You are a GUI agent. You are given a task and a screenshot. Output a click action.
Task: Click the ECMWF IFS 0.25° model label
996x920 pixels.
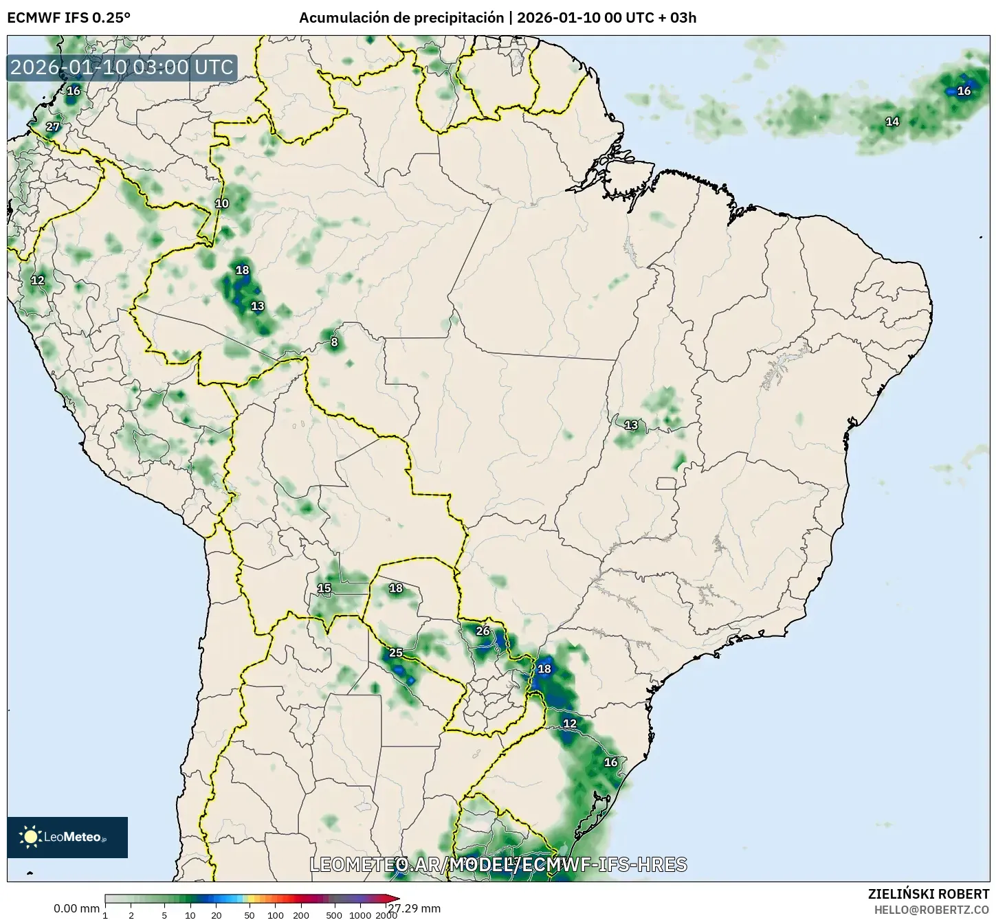[x=69, y=18]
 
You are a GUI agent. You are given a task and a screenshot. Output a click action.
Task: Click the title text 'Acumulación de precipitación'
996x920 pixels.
[x=401, y=18]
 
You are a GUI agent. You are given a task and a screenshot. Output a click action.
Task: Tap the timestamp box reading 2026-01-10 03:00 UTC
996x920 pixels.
[x=122, y=67]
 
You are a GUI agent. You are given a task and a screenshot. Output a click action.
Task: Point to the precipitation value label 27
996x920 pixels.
[x=53, y=126]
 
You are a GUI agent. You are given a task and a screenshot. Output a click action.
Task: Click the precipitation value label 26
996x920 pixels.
[x=483, y=631]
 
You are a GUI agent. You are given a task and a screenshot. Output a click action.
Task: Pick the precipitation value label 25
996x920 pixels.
[x=396, y=653]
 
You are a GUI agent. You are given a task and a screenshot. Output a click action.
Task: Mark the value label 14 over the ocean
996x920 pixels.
[x=892, y=122]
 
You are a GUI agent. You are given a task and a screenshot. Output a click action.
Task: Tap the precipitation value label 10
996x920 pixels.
[x=222, y=203]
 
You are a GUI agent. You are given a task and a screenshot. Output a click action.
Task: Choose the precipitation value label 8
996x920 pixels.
[x=334, y=342]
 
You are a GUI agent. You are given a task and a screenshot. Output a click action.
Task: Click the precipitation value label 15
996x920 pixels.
[x=324, y=588]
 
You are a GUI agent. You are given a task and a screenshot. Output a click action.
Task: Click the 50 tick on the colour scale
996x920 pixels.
[x=250, y=915]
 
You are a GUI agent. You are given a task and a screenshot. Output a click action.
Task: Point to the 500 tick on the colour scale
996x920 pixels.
[x=334, y=915]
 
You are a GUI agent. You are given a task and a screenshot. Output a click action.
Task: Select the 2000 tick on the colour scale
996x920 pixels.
[x=386, y=915]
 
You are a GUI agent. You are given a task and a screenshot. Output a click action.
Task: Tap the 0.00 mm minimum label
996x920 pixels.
[x=76, y=908]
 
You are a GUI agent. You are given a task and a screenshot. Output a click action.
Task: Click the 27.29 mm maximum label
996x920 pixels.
[x=414, y=908]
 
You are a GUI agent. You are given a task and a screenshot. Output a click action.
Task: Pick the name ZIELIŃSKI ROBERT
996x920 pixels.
[x=929, y=894]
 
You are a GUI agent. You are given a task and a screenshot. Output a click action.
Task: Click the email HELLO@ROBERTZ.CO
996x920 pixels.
[x=931, y=909]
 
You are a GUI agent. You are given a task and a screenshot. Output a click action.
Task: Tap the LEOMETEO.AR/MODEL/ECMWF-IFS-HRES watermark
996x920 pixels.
[x=498, y=864]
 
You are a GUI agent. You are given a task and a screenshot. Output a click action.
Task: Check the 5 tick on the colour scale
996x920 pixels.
[x=164, y=915]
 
